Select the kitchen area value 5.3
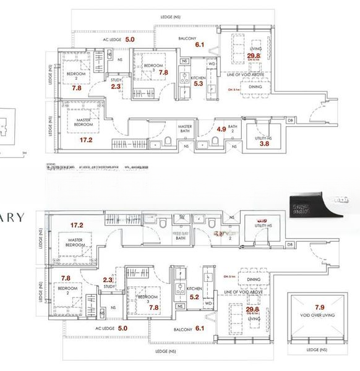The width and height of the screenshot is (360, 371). [199, 83]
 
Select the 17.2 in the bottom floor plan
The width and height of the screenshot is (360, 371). [77, 225]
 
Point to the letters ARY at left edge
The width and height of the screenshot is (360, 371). [12, 218]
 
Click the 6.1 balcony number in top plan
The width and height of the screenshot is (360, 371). [199, 45]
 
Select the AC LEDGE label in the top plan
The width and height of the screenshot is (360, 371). [113, 40]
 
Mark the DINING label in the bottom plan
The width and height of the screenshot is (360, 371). [253, 279]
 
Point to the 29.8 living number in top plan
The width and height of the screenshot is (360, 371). [253, 56]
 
